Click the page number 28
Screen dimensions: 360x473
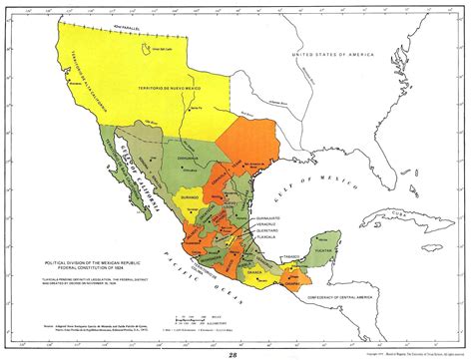click(236, 349)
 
